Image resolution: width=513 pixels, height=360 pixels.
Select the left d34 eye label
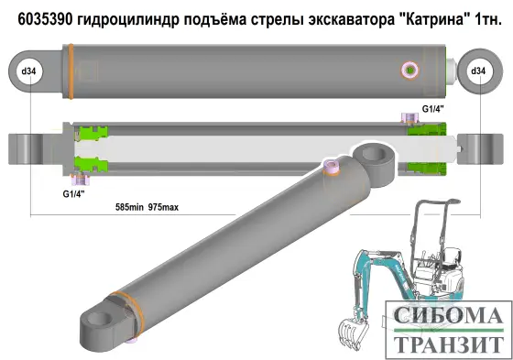click(x=29, y=71)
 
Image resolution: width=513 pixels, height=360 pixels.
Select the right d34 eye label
click(x=477, y=71)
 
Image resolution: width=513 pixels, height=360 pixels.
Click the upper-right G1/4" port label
click(x=432, y=109)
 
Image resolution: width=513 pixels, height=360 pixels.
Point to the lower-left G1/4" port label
click(x=74, y=194)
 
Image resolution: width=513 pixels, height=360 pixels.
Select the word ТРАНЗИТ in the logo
click(x=449, y=344)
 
